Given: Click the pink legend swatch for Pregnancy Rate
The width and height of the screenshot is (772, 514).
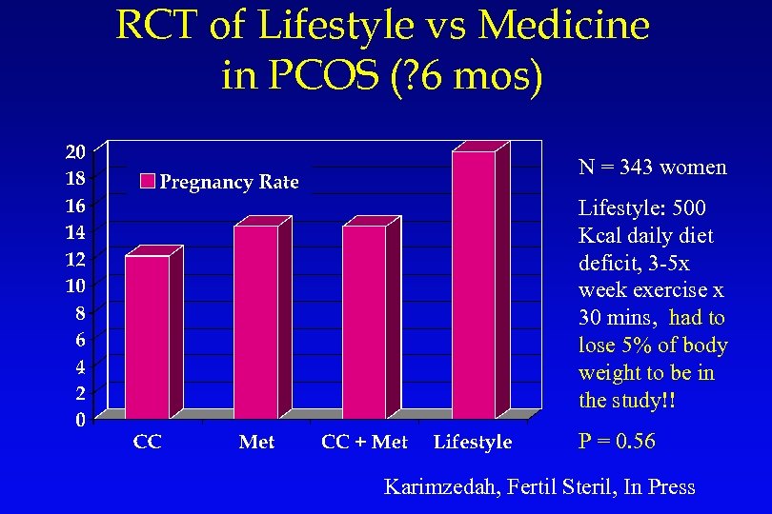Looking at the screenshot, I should [148, 182].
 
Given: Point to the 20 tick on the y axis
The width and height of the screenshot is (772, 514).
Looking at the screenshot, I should [74, 151].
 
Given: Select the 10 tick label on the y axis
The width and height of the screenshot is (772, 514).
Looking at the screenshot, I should [74, 285].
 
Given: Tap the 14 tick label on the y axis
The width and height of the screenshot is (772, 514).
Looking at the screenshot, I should [74, 231].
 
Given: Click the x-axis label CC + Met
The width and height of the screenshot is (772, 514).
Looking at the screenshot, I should [364, 442].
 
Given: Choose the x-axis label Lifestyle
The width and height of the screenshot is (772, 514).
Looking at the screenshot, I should [473, 442].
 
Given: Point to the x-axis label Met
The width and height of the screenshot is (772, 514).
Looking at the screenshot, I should [256, 442].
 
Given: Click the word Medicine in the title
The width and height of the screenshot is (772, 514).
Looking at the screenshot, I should [563, 26].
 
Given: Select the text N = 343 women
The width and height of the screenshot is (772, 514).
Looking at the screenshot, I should [652, 168].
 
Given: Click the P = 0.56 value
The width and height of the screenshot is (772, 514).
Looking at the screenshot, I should [617, 442].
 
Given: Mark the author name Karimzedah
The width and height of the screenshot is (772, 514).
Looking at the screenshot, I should [438, 487].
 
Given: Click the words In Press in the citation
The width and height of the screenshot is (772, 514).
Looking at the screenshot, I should [660, 487].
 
